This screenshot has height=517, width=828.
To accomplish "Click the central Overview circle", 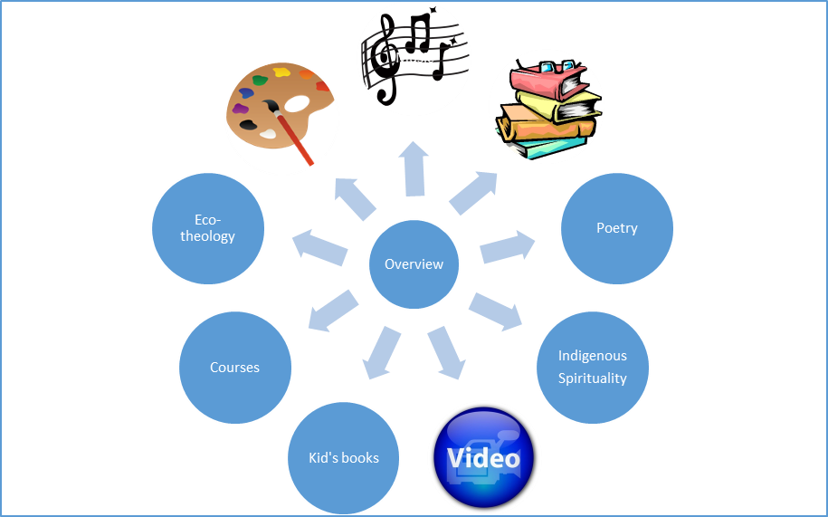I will coord(414,264).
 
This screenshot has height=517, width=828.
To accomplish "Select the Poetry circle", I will coord(617,228).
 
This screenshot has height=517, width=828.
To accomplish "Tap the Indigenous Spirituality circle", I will coord(593,367).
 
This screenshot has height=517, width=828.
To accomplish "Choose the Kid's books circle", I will coord(344,457).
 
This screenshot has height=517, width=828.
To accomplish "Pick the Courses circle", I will coord(235,367).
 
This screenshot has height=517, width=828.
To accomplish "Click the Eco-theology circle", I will coord(208,228).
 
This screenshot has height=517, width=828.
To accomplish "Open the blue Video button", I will coord(485,458).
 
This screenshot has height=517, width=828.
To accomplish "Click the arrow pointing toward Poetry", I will coord(508,246).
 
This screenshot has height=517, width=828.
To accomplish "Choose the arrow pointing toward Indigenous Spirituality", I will coord(496,310).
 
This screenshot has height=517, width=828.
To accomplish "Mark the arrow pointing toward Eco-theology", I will coord(319,246).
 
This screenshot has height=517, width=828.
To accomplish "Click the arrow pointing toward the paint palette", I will coord(356,197).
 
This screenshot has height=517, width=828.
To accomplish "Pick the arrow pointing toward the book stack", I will coord(473,194).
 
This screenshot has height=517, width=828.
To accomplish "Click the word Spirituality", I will coord(593,378).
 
